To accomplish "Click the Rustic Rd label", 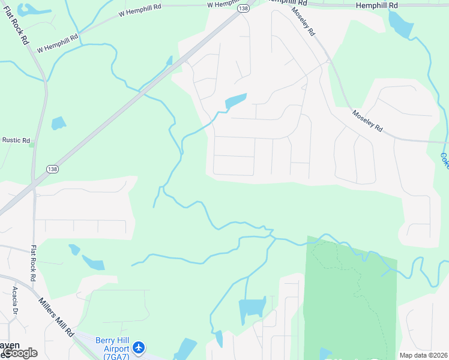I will point(16,140).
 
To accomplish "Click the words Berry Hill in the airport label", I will point(113,341).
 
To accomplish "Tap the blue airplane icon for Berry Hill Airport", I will point(139,347).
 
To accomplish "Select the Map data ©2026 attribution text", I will point(423,355).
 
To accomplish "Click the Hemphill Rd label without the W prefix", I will point(376,5).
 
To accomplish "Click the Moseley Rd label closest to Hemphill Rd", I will point(304,22).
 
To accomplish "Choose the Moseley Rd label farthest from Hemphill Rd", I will point(367,121).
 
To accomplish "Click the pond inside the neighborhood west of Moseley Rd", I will point(236,101).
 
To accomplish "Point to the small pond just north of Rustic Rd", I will point(58,124).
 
